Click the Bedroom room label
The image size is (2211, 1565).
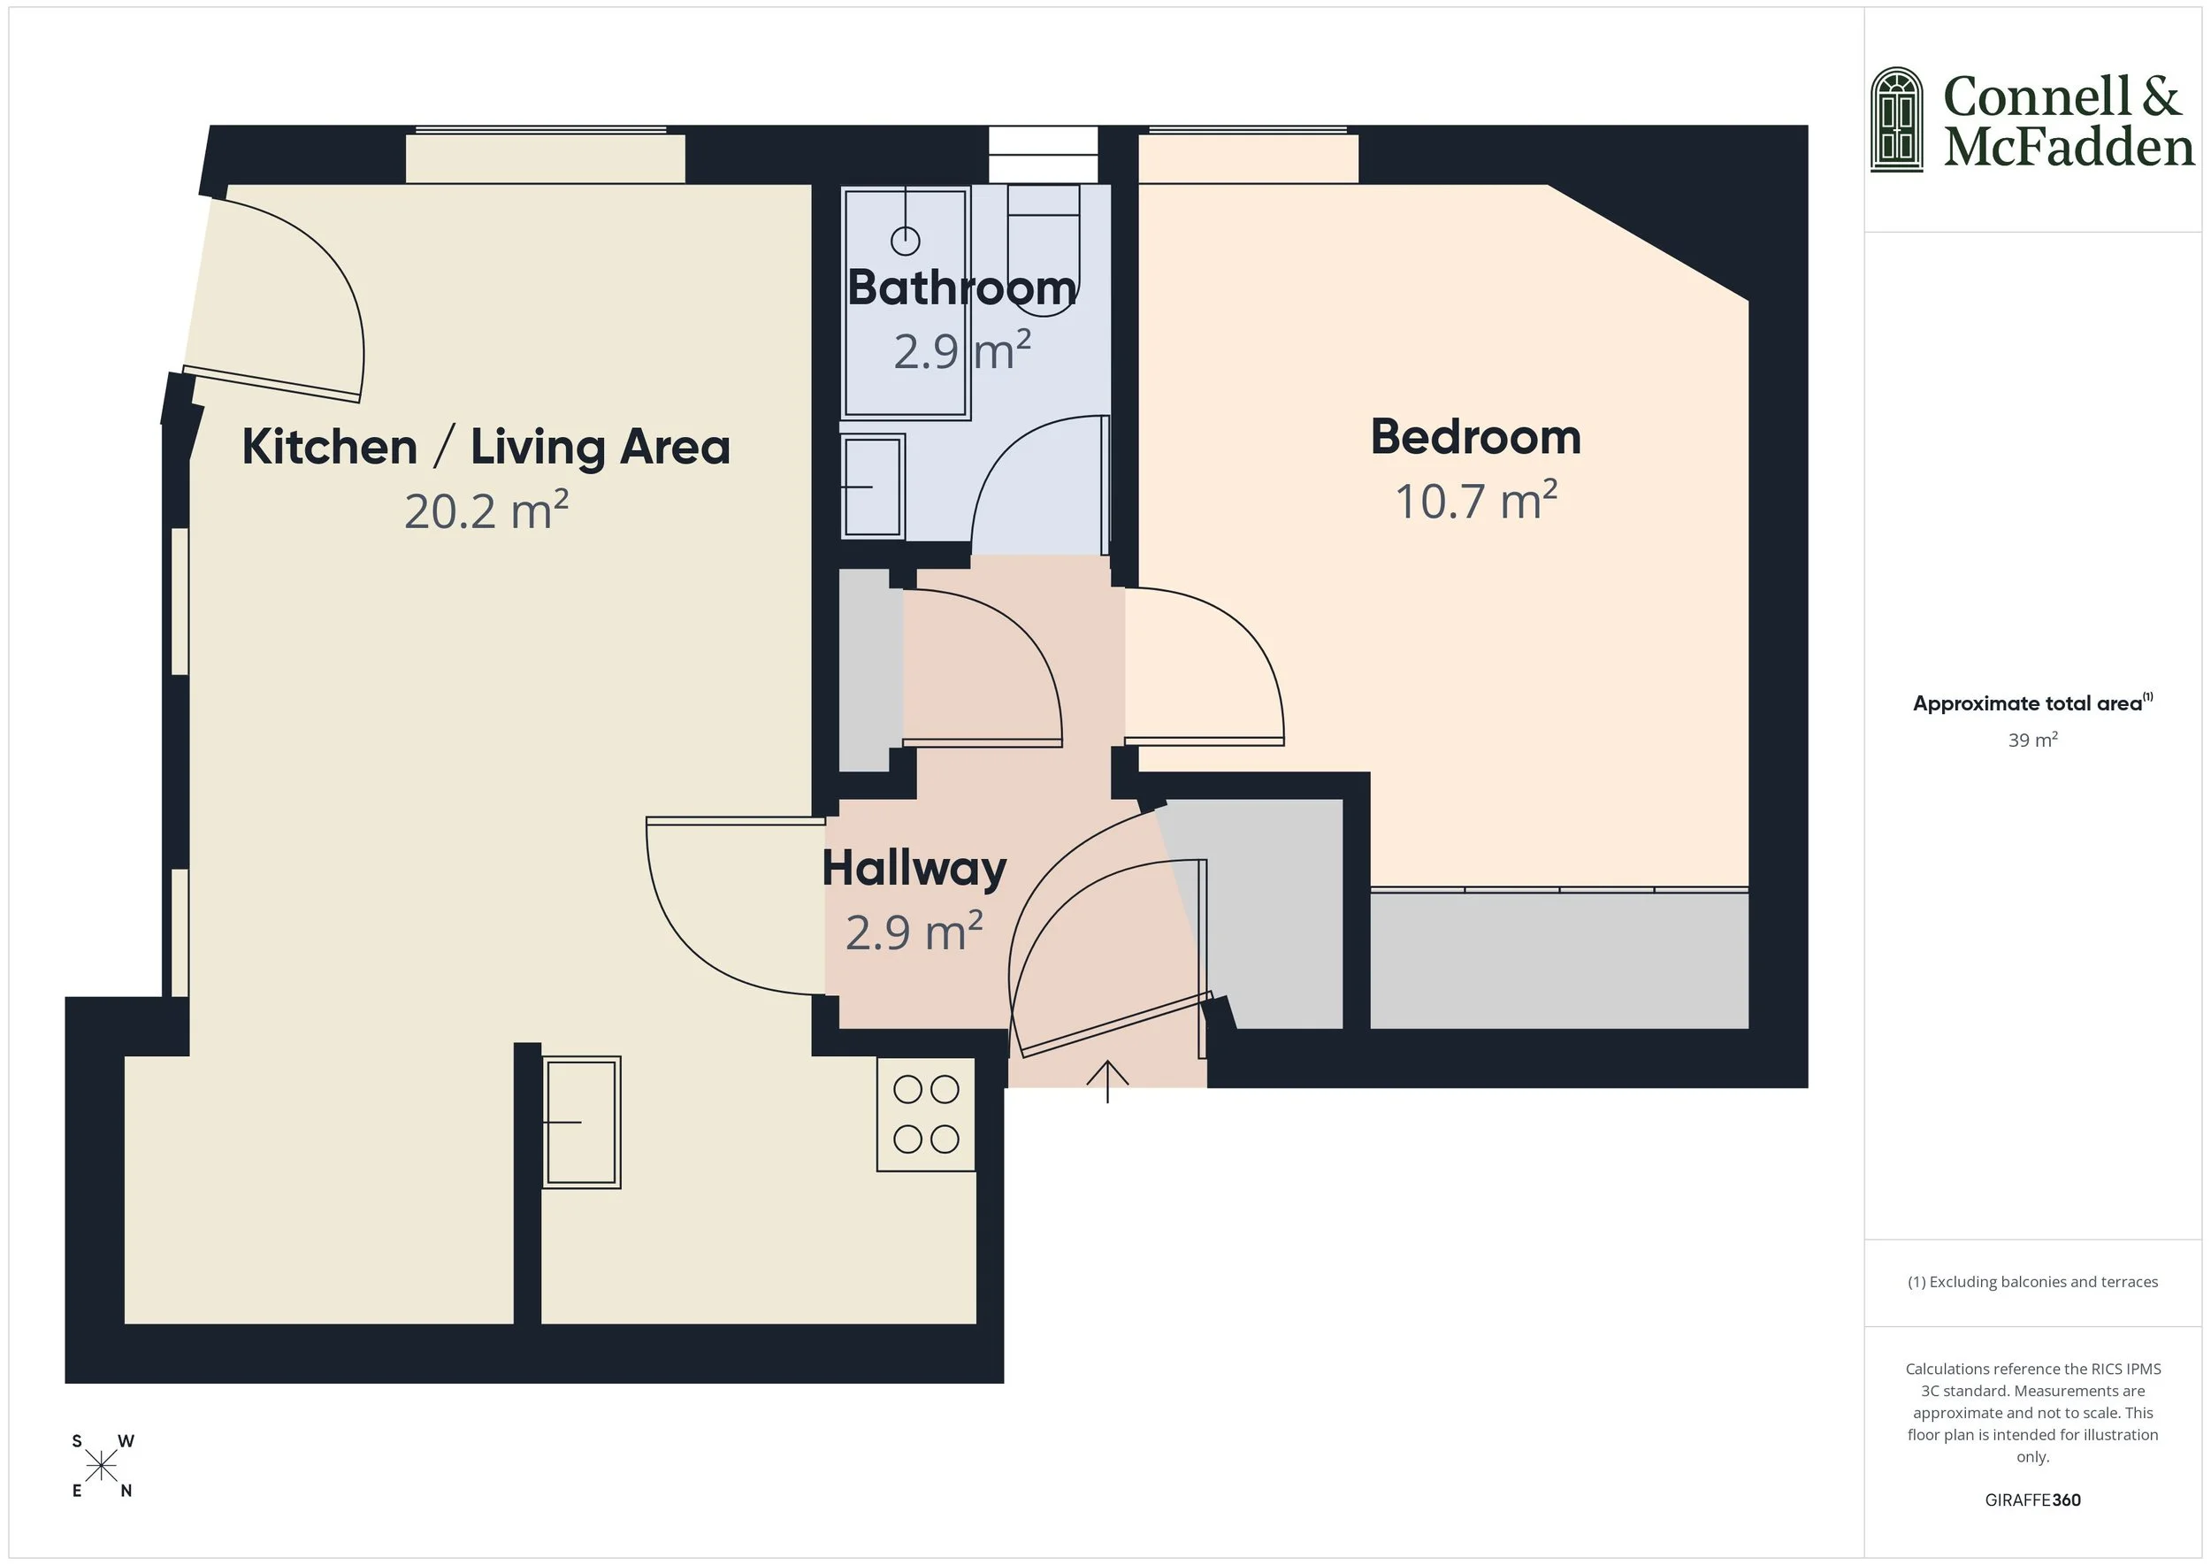tap(1475, 438)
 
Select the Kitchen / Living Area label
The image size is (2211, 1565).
tap(486, 447)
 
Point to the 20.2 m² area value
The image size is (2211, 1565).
tap(486, 511)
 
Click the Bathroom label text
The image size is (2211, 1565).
tap(961, 288)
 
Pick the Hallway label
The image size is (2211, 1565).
tap(914, 870)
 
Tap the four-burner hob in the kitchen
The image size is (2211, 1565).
tap(926, 1114)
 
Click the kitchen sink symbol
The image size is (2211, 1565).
tap(581, 1122)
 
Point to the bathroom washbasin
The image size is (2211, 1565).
tap(872, 487)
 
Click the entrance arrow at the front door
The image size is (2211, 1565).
tap(1107, 1080)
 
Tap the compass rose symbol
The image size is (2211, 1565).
tap(101, 1467)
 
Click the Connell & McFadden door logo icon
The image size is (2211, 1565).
tap(1896, 119)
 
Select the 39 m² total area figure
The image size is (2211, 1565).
tap(2031, 740)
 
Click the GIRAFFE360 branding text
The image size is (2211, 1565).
tap(2031, 1500)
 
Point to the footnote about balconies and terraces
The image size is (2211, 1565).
tap(2031, 1282)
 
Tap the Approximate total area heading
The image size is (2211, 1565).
tap(2027, 703)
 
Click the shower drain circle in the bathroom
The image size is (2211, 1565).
tap(905, 240)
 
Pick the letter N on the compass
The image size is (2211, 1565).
tap(126, 1491)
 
